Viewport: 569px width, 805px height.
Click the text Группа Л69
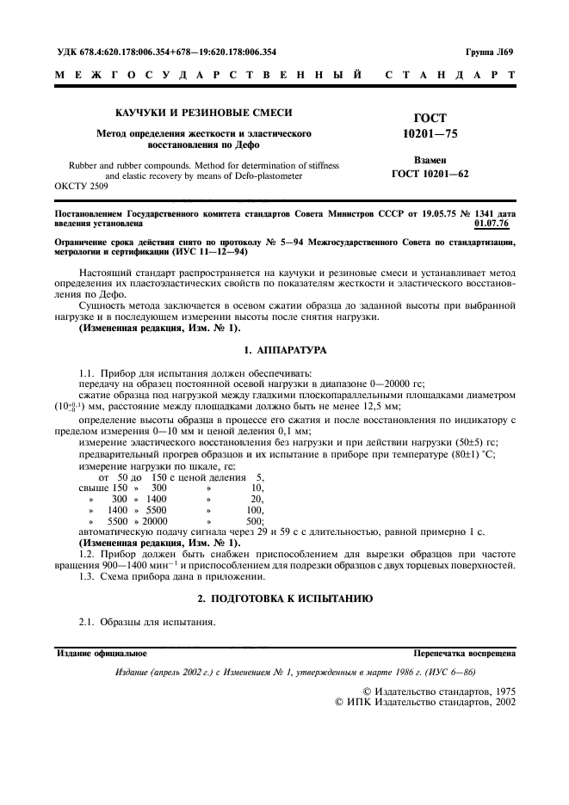[x=490, y=52]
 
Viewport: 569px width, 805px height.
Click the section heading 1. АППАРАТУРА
[x=284, y=350]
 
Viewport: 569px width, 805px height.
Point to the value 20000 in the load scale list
[x=155, y=521]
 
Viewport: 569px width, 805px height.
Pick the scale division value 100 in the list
[x=255, y=510]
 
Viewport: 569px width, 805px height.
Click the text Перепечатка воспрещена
[x=464, y=654]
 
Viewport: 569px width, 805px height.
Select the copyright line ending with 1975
[x=438, y=690]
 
